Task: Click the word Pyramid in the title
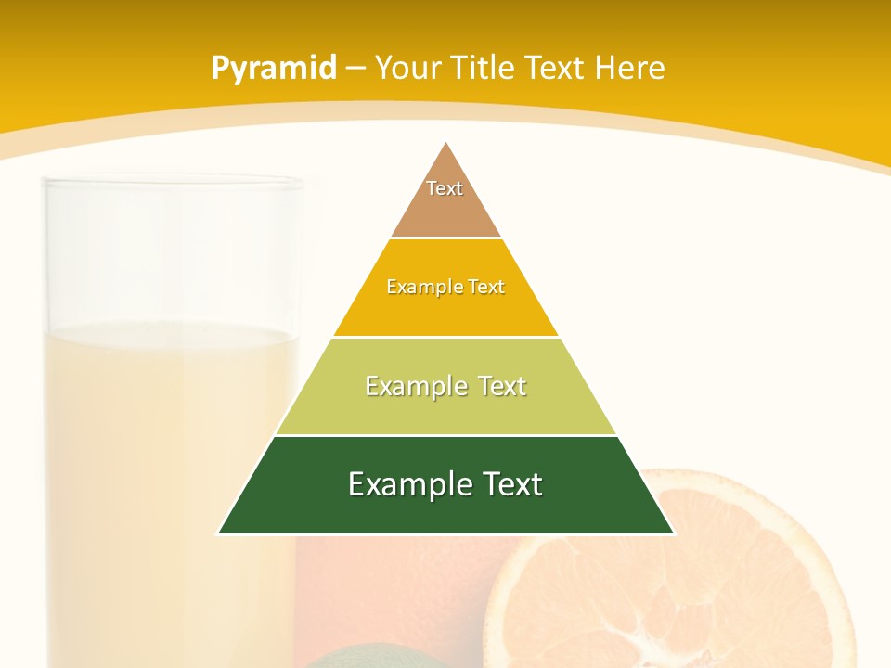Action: click(x=274, y=68)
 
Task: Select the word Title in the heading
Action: click(x=484, y=68)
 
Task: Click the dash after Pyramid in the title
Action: click(x=355, y=69)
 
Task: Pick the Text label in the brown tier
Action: click(x=445, y=188)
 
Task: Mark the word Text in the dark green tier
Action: click(x=509, y=484)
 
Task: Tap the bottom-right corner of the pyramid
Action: click(x=673, y=533)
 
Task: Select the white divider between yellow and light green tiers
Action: click(x=445, y=337)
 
